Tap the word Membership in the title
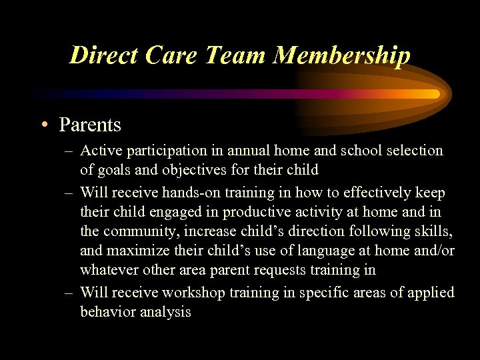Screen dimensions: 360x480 pyautogui.click(x=341, y=55)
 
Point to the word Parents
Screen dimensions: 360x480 pyautogui.click(x=90, y=125)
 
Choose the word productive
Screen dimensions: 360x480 pyautogui.click(x=260, y=213)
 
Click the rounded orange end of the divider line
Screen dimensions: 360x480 pyautogui.click(x=435, y=94)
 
